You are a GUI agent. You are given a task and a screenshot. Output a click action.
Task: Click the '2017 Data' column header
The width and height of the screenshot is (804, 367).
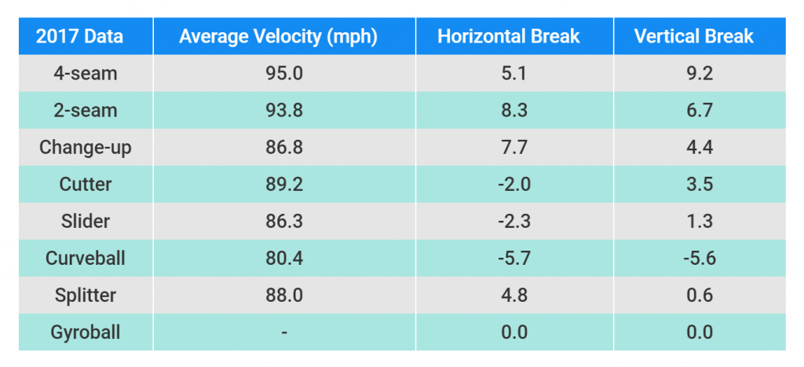click(86, 36)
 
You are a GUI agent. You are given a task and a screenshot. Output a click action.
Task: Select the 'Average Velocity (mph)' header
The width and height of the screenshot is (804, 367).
click(283, 36)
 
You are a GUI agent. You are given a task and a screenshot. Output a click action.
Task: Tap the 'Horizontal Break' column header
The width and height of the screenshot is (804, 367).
click(513, 36)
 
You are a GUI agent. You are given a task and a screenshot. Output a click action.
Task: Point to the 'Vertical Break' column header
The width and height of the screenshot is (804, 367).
click(698, 36)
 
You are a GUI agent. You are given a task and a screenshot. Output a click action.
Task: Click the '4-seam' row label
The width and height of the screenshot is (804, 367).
click(86, 73)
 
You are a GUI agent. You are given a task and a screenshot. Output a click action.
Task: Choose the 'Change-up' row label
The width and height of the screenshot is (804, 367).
click(86, 147)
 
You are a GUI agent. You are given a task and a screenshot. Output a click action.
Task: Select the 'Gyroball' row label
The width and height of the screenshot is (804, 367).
click(86, 332)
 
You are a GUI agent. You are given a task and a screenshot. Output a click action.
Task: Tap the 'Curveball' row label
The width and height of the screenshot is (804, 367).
click(86, 258)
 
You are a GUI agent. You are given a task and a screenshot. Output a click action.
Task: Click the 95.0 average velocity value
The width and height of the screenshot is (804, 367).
click(283, 73)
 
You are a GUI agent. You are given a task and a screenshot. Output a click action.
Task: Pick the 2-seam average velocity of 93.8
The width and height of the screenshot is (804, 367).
click(283, 110)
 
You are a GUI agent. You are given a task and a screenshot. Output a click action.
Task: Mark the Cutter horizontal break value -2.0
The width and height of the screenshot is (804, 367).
click(513, 184)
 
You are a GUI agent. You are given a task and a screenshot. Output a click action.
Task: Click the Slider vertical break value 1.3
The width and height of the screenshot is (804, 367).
click(698, 221)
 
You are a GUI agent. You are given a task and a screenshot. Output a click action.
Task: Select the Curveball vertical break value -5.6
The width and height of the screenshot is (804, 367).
click(698, 258)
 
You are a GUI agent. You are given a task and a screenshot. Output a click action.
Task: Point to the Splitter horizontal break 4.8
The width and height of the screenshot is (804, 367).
click(513, 295)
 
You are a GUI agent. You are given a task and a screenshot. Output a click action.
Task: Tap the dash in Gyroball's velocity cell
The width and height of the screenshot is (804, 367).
click(283, 332)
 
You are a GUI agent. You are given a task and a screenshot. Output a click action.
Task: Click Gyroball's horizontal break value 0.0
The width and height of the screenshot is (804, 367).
click(513, 332)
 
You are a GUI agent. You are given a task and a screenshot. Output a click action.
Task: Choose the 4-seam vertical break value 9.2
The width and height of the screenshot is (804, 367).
click(698, 73)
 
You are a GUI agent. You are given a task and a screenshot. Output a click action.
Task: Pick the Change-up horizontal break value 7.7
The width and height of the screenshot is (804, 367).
click(513, 147)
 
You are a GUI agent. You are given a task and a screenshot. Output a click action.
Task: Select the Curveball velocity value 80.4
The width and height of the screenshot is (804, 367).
click(283, 258)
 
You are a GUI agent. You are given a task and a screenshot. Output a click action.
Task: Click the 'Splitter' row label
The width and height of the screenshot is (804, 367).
click(86, 295)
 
